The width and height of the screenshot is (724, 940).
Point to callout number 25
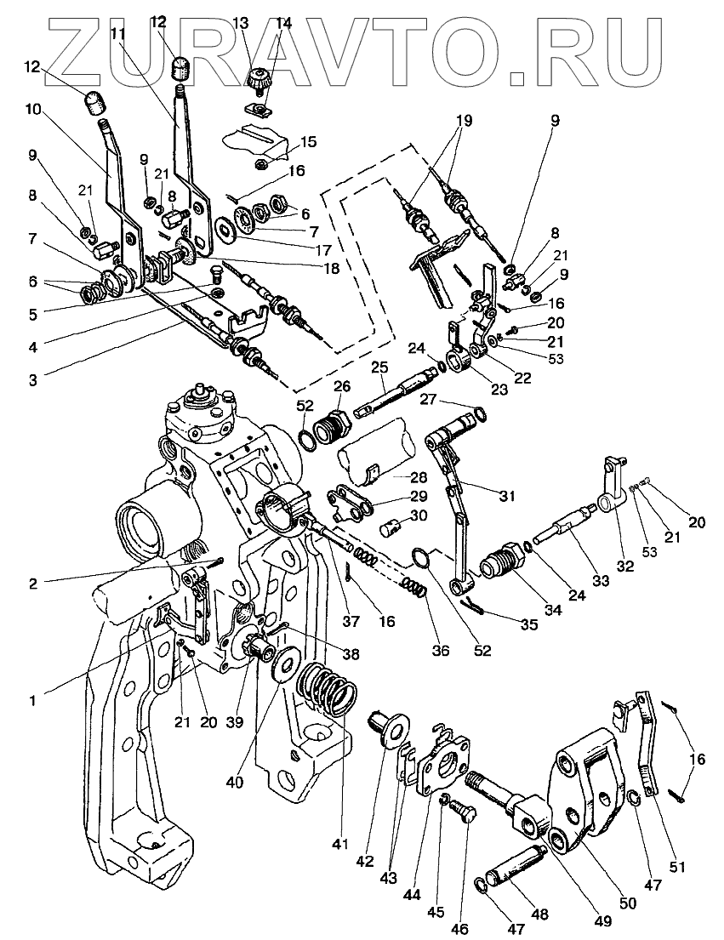tap(379, 367)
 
